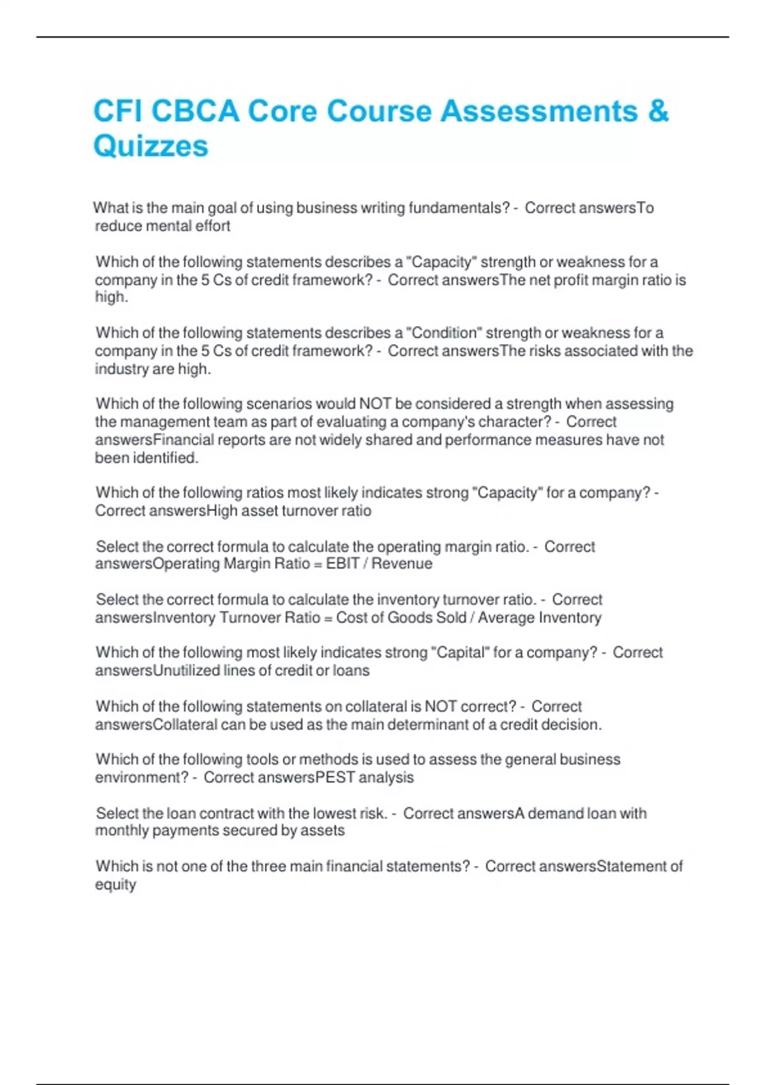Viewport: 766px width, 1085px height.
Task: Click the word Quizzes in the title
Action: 151,146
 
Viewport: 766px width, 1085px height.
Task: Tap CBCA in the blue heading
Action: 195,111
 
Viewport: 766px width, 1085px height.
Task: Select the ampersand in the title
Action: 657,111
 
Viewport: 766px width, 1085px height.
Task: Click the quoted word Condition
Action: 445,333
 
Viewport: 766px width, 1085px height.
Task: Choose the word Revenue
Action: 402,564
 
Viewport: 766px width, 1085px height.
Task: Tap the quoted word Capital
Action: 460,653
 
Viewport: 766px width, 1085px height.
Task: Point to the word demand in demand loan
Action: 552,814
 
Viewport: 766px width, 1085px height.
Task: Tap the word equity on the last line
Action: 116,885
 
